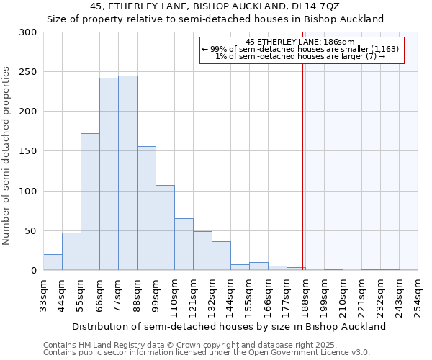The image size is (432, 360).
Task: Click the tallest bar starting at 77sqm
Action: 127,173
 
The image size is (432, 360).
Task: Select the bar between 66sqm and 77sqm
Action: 109,174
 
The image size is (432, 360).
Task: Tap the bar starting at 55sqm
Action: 90,202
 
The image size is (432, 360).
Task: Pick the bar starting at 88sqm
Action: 146,208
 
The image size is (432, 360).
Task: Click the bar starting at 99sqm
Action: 165,228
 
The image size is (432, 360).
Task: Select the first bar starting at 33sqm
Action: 53,263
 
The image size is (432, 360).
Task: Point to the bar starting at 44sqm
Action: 71,252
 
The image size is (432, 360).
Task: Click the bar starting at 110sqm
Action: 184,245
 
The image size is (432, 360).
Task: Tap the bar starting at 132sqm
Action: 221,256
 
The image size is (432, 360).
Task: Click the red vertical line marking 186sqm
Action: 303,166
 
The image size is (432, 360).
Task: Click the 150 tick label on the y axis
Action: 28,152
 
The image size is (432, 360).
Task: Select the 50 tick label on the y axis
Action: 31,231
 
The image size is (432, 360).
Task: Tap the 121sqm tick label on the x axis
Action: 193,295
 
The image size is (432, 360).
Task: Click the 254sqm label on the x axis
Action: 418,295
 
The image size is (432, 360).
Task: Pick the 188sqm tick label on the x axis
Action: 305,295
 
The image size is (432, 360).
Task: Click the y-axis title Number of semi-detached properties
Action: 6,156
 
